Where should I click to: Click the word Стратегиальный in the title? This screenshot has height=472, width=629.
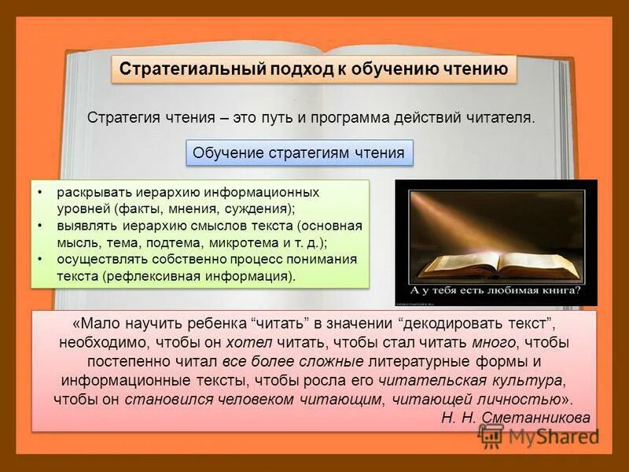coord(186,69)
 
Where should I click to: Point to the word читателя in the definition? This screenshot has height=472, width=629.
coord(499,117)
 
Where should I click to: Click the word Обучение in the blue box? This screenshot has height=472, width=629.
coord(226,153)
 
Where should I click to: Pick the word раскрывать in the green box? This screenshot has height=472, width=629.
coord(88,193)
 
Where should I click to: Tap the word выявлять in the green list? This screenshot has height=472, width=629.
coord(84,227)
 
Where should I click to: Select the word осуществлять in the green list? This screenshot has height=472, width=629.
coord(97,260)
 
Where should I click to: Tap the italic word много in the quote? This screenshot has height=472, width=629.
coord(495,343)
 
